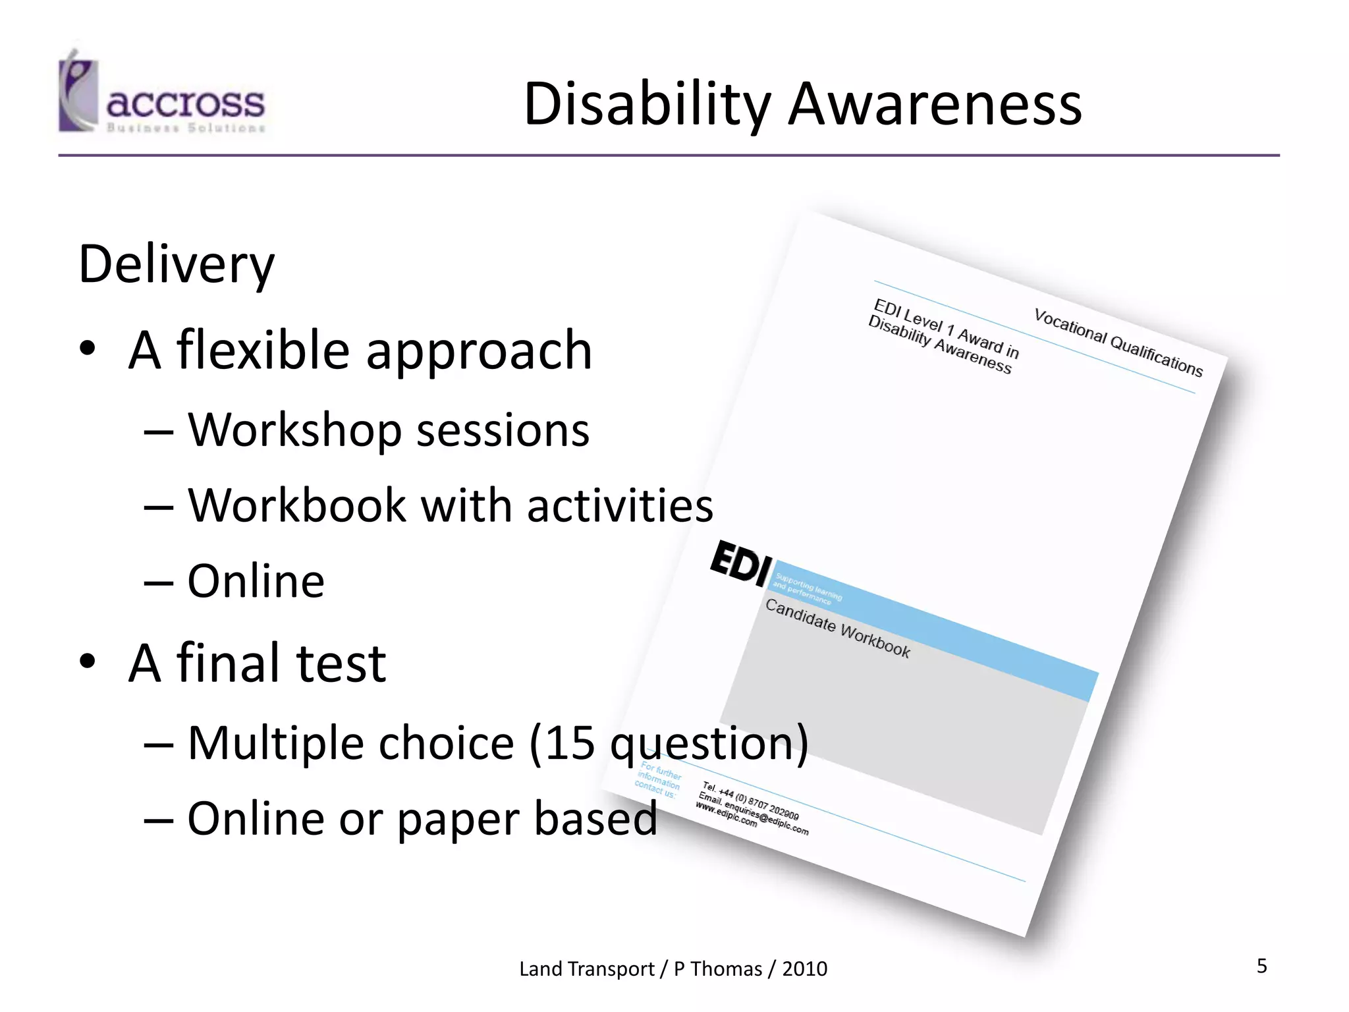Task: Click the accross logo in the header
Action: tap(161, 96)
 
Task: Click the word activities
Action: tap(620, 505)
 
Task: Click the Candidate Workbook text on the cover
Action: tap(837, 629)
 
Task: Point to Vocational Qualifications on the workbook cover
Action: tap(1118, 343)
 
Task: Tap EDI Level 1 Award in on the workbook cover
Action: tap(946, 328)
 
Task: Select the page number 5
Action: tap(1261, 966)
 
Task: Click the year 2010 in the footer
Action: tap(804, 969)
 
